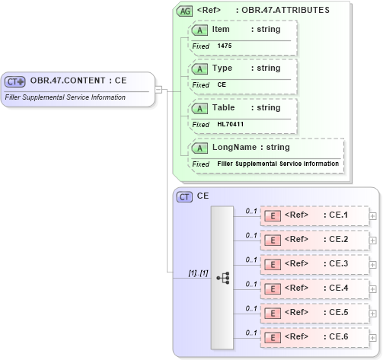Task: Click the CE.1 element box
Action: point(314,215)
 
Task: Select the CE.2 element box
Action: point(314,240)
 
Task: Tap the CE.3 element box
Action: point(314,264)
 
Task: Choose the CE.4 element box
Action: point(314,288)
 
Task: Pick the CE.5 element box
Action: point(314,312)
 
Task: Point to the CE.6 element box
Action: point(314,336)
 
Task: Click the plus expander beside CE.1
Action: point(372,216)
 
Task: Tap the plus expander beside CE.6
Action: point(372,336)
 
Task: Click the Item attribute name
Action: point(221,30)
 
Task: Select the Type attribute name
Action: point(222,68)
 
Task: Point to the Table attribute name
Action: point(224,108)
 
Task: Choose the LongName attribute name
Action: point(230,147)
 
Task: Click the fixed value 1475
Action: point(225,46)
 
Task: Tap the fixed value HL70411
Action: point(229,124)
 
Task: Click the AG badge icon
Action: point(184,11)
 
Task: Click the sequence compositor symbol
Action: point(222,279)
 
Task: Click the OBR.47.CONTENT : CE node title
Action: point(78,80)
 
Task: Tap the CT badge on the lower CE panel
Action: point(184,196)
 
